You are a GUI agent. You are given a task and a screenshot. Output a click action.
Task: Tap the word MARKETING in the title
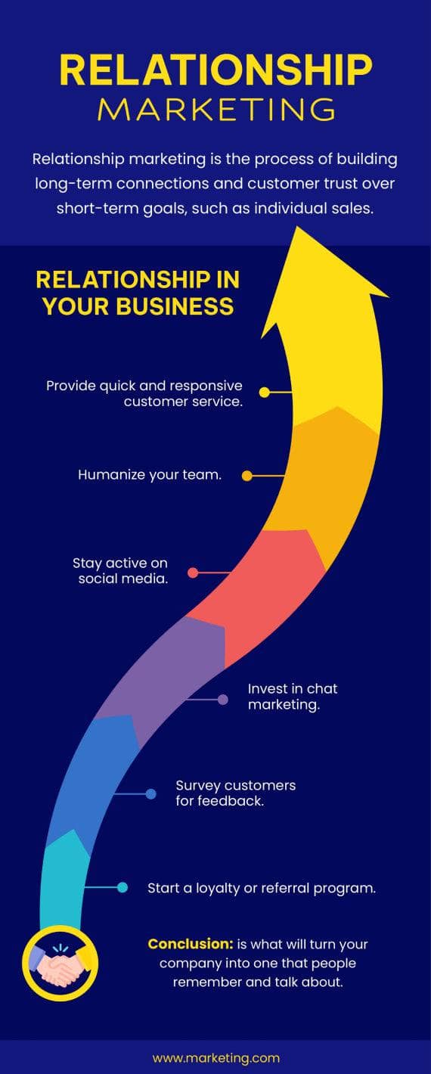(215, 110)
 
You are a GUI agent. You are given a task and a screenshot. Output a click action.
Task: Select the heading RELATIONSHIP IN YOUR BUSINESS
(138, 293)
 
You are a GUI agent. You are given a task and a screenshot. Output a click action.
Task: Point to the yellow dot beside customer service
(264, 393)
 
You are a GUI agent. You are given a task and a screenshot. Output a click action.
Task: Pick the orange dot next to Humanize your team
(247, 476)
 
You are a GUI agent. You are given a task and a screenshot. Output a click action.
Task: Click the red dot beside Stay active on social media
(193, 573)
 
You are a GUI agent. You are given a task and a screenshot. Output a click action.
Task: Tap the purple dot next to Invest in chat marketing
(223, 700)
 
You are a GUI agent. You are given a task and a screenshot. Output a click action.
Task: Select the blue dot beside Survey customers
(151, 794)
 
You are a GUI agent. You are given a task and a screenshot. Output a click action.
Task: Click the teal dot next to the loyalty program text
(122, 887)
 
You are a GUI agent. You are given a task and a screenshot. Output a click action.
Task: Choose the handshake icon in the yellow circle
(60, 963)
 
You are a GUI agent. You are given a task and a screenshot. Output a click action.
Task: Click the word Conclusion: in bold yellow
(190, 944)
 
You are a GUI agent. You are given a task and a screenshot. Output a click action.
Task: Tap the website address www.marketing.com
(215, 1058)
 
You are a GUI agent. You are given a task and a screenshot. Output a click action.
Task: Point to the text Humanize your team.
(150, 476)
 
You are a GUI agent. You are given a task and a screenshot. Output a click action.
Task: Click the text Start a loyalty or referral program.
(262, 888)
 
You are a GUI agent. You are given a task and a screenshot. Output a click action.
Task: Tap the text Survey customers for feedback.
(235, 793)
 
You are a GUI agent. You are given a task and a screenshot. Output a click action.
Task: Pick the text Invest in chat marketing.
(292, 697)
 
